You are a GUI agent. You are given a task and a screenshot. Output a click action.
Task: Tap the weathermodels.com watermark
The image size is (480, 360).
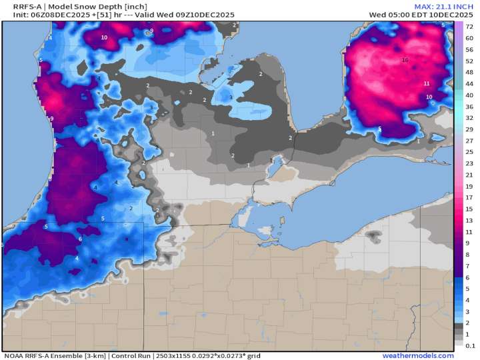click(427, 355)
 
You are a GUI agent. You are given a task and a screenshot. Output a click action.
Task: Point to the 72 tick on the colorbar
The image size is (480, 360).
click(469, 27)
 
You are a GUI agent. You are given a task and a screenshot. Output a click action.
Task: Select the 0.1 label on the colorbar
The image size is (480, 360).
click(469, 345)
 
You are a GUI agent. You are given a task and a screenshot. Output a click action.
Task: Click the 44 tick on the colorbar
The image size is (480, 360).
click(469, 83)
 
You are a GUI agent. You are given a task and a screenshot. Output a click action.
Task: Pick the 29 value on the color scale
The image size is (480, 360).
click(469, 129)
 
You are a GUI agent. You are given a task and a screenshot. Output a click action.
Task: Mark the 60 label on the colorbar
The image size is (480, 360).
click(469, 38)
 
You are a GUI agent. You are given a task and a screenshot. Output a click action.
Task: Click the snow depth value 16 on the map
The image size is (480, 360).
click(405, 60)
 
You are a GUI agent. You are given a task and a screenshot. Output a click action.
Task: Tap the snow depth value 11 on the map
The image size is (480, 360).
click(426, 83)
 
